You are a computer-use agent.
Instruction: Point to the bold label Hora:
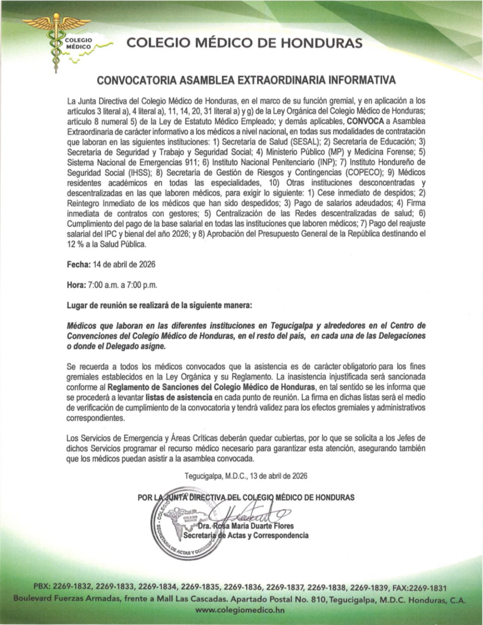coord(78,285)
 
